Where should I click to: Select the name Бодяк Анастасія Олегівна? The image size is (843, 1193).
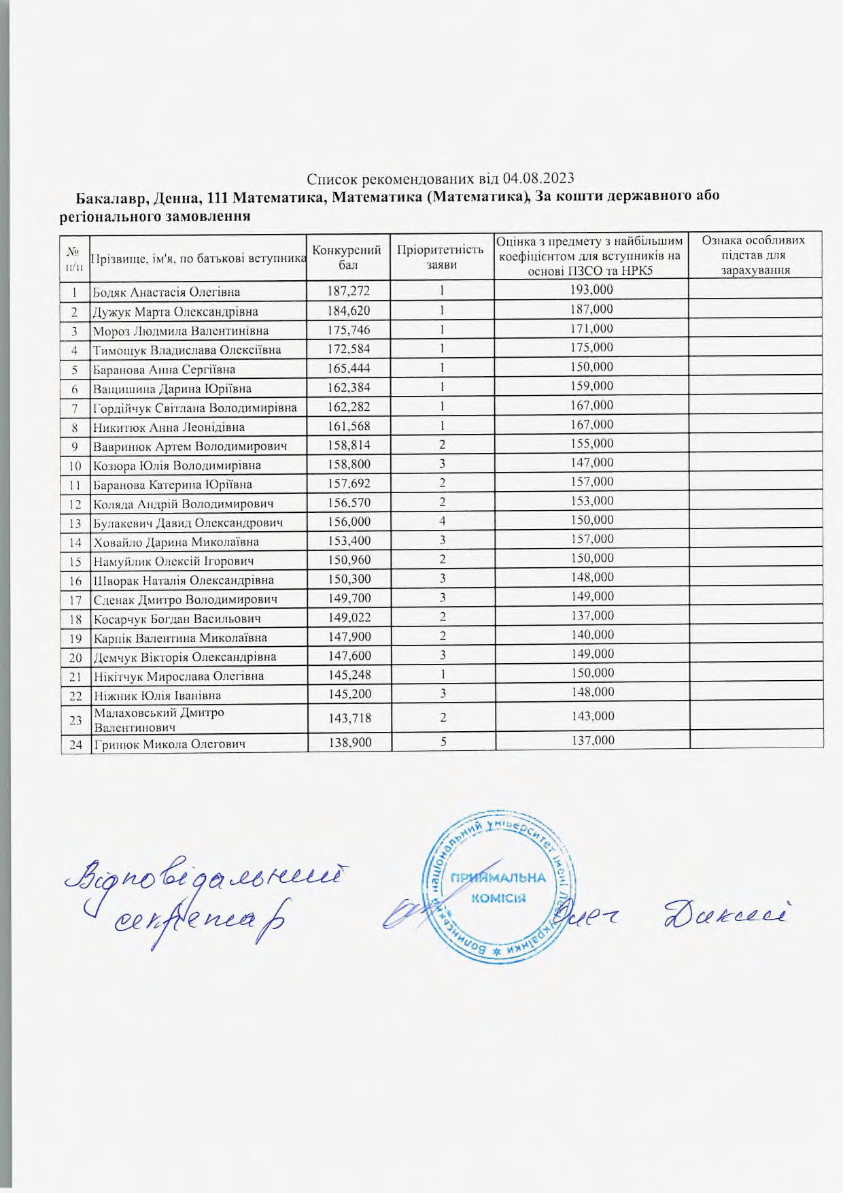[166, 292]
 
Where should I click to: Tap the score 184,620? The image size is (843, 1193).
[349, 311]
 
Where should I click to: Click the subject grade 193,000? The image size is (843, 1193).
[591, 290]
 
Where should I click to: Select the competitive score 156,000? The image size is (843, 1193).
[349, 522]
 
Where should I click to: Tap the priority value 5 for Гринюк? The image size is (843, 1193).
[442, 742]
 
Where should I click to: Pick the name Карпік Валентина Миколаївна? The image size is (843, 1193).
[179, 638]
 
